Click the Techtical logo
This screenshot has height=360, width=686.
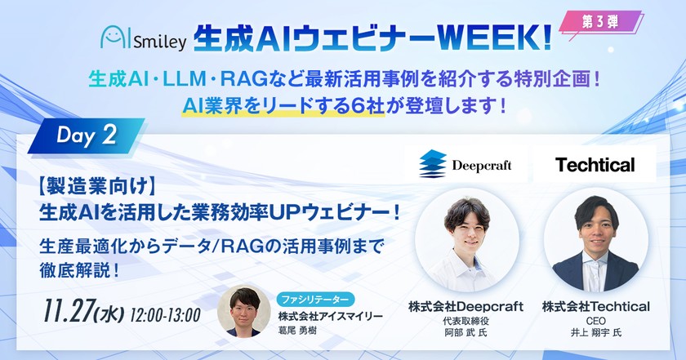coord(595,165)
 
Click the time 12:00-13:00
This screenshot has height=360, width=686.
coord(165,313)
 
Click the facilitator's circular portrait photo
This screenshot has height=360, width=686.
coord(244,313)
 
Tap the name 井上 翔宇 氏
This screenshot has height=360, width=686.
coord(595,334)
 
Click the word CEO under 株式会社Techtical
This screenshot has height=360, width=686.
coord(595,321)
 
